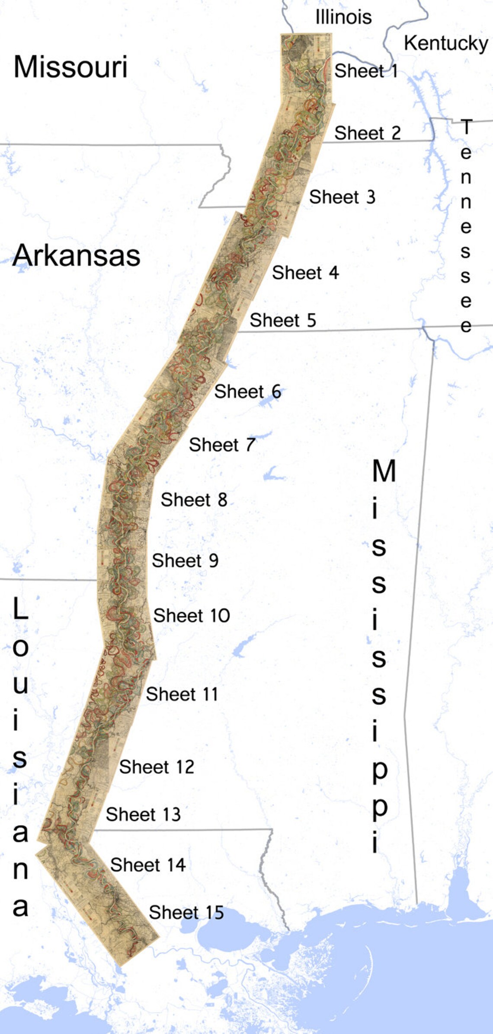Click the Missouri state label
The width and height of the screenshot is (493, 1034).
70,67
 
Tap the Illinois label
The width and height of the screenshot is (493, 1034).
343,17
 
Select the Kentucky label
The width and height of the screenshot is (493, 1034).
446,43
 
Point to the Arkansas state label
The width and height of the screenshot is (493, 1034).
77,256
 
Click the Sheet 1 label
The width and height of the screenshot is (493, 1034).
366,71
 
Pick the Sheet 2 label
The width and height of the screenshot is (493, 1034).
368,133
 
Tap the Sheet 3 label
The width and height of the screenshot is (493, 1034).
342,197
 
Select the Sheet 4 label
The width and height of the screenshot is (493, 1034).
305,273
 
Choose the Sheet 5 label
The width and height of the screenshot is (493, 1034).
283,320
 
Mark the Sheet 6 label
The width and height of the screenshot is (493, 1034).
248,391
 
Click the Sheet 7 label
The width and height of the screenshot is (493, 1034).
222,445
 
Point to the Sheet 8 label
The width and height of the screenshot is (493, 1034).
194,500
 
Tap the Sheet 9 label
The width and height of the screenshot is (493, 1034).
185,560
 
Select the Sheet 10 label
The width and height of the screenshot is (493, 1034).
192,615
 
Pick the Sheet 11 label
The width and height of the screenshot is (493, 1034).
182,694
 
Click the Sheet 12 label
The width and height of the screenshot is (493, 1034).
157,767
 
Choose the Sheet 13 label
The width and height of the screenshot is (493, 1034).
143,814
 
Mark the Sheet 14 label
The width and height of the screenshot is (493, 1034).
148,865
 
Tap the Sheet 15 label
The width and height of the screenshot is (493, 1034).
186,912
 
